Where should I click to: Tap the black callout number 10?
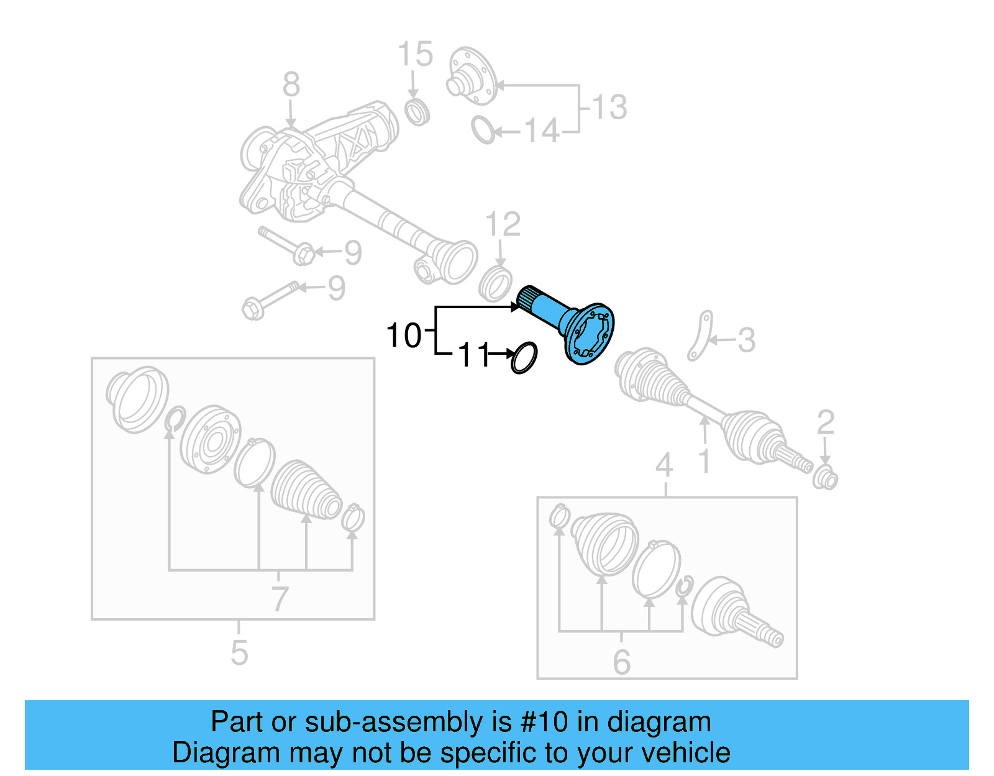point(403,336)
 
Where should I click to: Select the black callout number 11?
point(474,356)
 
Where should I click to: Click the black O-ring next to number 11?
point(524,358)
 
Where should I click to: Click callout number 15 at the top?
point(415,55)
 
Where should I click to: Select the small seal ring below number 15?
point(417,111)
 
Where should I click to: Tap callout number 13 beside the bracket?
point(609,107)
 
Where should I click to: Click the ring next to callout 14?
point(483,130)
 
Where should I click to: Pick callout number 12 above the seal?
point(502,224)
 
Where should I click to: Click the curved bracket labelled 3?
point(700,336)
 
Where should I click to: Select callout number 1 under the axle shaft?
point(704,462)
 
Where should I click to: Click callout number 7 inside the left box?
point(280,599)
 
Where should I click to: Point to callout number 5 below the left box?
point(239,653)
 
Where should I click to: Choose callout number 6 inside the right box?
point(621,662)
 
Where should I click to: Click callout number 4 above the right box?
point(664,465)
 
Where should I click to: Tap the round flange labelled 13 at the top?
point(471,76)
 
